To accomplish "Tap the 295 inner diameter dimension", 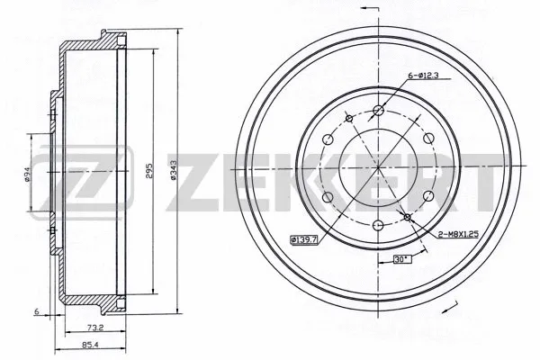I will (151, 170).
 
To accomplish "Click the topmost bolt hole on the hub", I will (378, 111).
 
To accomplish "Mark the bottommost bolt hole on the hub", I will (378, 225).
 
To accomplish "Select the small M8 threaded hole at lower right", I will (408, 218).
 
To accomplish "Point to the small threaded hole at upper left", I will (348, 117).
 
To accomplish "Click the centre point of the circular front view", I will (378, 168).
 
